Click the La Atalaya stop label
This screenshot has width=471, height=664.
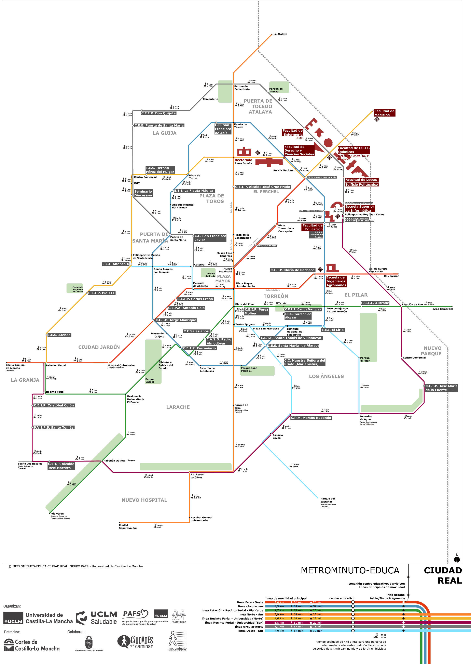(x=280, y=34)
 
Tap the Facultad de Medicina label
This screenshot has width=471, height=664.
(x=384, y=113)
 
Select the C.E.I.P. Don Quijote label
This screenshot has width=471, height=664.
(x=158, y=114)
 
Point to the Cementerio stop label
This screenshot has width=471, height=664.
(x=210, y=99)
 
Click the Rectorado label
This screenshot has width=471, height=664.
(x=243, y=160)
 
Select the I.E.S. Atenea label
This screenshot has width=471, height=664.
(x=59, y=335)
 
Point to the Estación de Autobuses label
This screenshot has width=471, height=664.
(x=207, y=369)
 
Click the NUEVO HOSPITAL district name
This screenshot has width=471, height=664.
(x=144, y=500)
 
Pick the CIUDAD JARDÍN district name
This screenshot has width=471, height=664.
(x=99, y=347)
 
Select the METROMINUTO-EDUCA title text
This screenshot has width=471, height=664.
(x=350, y=571)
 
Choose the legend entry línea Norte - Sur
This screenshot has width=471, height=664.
(x=251, y=614)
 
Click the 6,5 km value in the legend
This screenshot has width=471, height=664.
(x=279, y=623)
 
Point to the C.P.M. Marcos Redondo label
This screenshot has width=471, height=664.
(x=311, y=418)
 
